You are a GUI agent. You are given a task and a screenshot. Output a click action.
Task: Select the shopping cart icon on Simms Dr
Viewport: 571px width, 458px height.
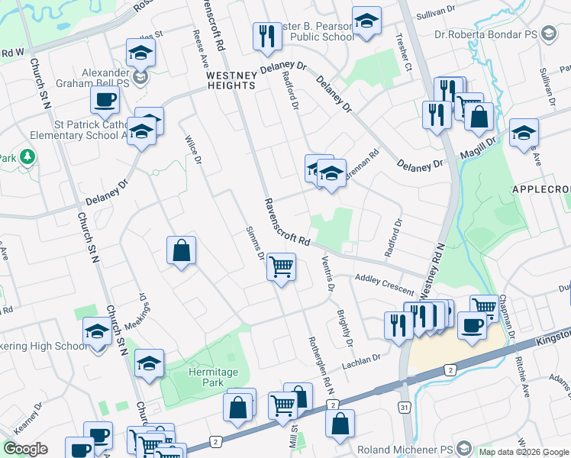coord(281,268)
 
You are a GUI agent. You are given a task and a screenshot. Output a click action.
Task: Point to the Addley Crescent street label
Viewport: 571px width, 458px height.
coord(383,287)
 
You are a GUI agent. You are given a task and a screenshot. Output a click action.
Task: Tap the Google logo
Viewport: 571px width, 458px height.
coord(25,449)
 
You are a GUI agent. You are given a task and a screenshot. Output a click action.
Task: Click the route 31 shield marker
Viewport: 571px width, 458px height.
coord(404,408)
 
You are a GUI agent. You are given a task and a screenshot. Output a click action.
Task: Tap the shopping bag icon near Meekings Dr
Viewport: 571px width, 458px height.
coord(182,251)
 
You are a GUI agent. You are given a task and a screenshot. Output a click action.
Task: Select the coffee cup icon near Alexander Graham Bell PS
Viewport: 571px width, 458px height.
coord(105,99)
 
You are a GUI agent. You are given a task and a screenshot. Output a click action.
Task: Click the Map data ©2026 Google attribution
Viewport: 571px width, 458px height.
coord(524,452)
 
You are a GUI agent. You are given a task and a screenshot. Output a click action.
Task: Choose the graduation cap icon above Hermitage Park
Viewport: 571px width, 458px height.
coord(149,364)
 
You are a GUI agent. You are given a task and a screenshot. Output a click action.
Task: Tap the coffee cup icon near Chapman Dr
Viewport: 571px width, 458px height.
coord(472,325)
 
